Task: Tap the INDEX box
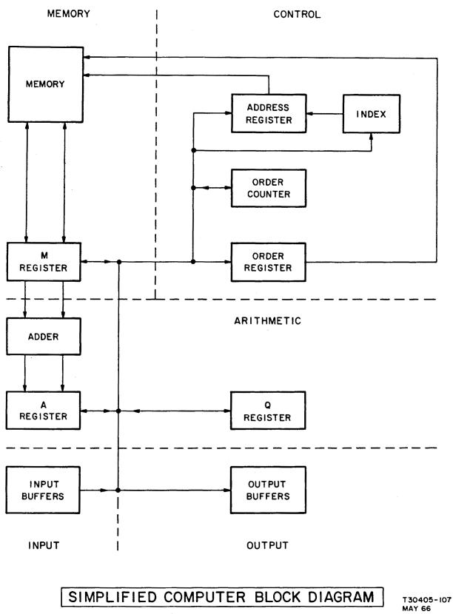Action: (x=371, y=113)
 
